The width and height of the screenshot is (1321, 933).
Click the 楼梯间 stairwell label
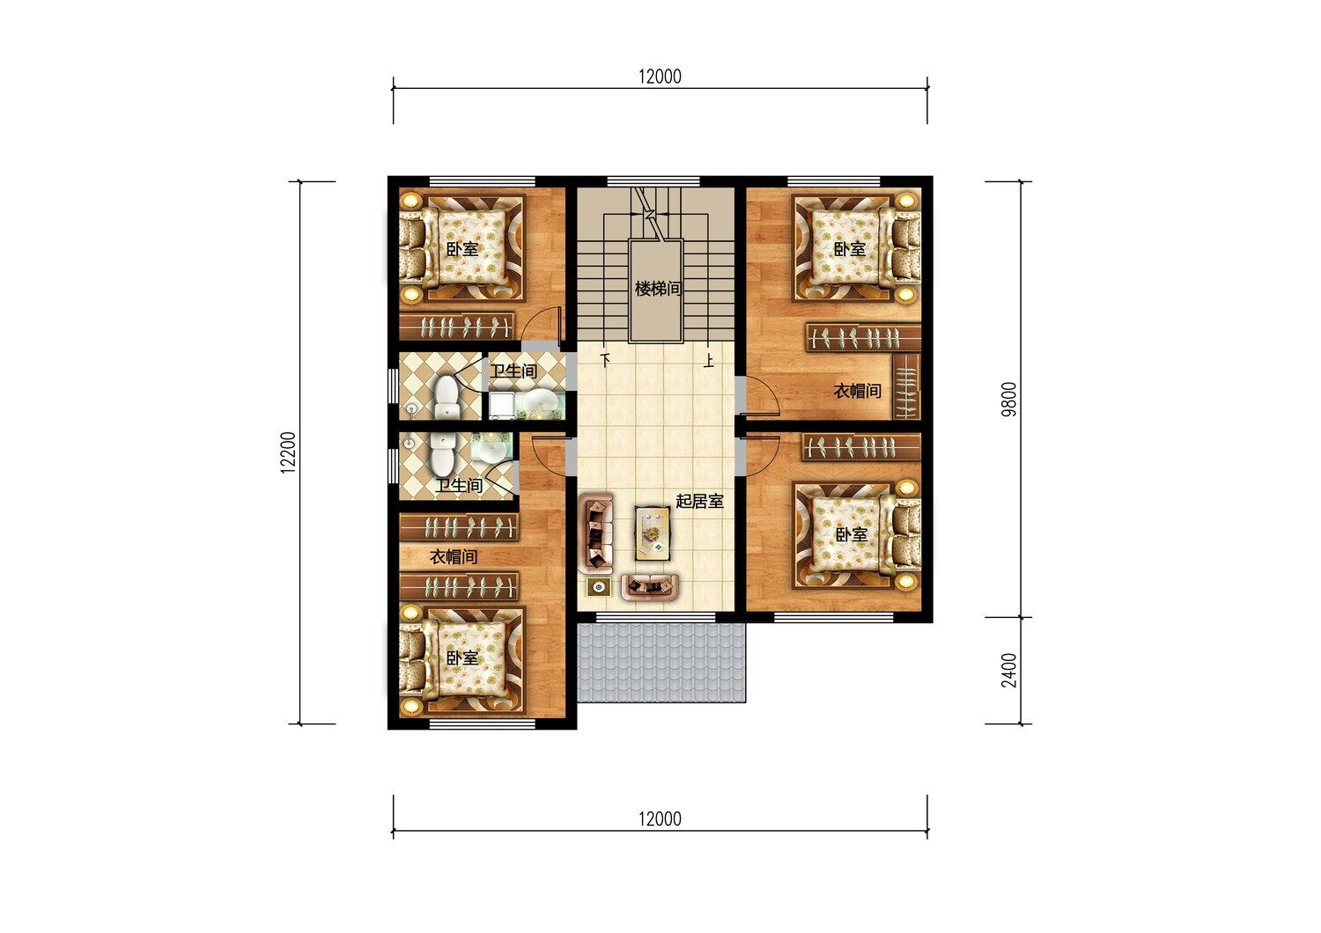click(x=658, y=289)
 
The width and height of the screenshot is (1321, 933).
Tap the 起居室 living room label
click(x=699, y=502)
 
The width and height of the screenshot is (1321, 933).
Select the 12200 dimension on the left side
click(x=288, y=452)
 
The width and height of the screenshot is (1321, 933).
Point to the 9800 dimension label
click(x=1009, y=399)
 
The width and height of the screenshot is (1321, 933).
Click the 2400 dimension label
click(x=1009, y=670)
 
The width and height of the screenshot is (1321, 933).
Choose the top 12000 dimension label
click(x=660, y=77)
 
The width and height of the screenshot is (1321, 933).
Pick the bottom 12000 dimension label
click(x=660, y=819)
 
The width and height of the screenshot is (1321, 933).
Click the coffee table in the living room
click(x=653, y=533)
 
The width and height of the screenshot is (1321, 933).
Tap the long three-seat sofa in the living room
click(x=596, y=533)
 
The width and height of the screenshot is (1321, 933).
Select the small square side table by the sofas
click(x=599, y=587)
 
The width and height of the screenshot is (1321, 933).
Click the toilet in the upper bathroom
click(x=446, y=398)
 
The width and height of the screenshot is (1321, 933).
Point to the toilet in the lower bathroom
click(x=442, y=454)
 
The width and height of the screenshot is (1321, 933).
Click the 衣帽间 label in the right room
click(x=858, y=391)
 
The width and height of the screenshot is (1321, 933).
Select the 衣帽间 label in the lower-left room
click(x=454, y=557)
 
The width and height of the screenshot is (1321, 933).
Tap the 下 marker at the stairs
click(x=605, y=359)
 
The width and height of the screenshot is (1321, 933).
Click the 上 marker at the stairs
click(x=709, y=360)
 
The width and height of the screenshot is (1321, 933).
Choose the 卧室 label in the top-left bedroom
click(x=461, y=249)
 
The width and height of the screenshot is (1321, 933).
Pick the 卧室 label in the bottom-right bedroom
click(x=852, y=534)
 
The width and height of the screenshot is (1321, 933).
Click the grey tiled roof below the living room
click(x=661, y=663)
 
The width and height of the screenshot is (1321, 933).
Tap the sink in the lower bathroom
click(x=491, y=451)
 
